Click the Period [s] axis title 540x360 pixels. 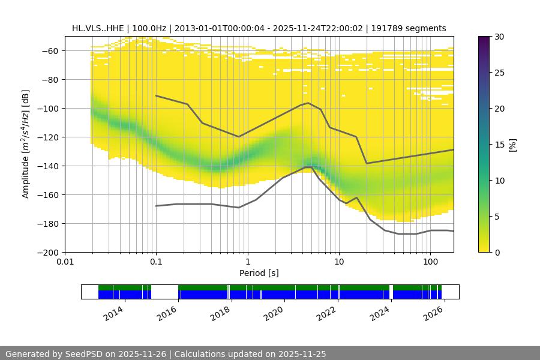(x=259, y=273)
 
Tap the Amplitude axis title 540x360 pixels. (x=25, y=144)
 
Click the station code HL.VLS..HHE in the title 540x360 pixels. (x=98, y=28)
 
